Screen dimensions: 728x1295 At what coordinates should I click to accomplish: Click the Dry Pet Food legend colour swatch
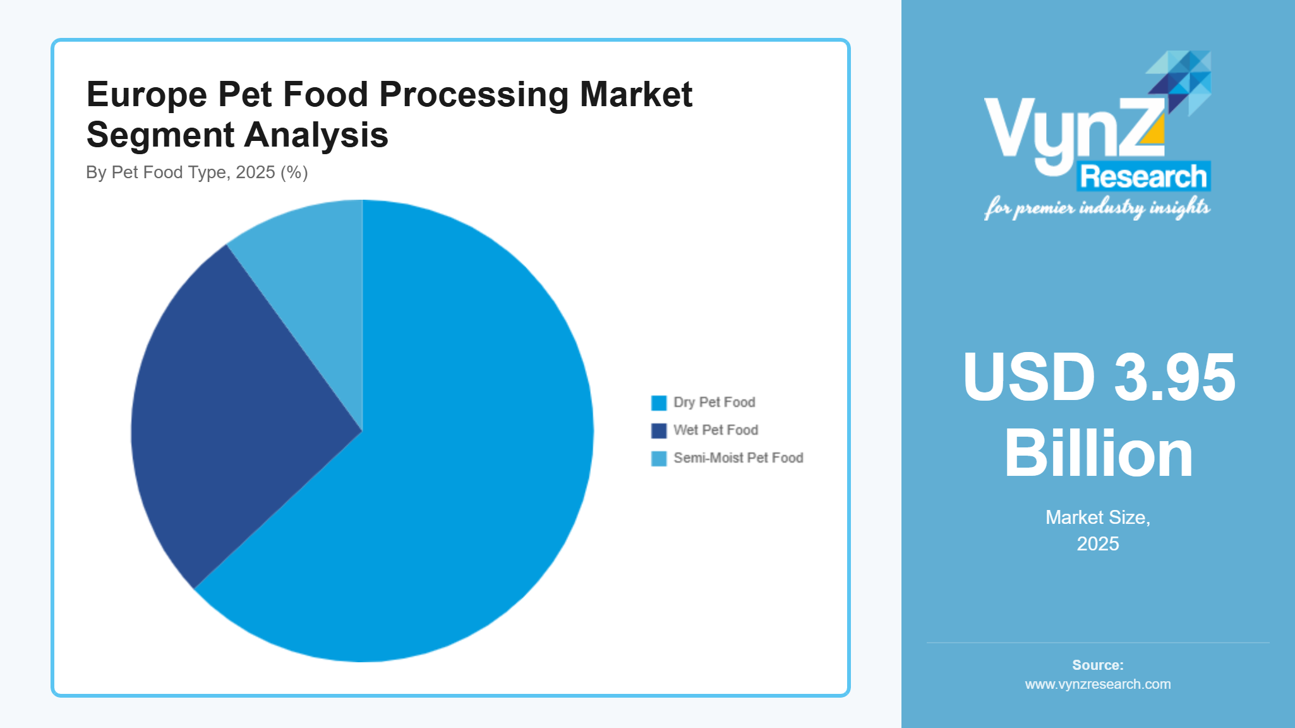658,403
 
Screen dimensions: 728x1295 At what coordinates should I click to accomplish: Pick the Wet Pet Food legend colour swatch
658,430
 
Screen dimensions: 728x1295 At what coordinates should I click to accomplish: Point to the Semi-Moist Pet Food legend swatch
658,458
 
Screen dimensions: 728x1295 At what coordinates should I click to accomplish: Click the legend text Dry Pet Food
714,403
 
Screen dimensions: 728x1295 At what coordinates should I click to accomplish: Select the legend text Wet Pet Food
715,430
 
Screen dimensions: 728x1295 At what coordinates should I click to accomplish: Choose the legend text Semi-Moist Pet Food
738,458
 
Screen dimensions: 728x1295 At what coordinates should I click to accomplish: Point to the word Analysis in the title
316,135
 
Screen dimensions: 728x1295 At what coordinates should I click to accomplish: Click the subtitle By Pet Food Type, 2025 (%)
196,173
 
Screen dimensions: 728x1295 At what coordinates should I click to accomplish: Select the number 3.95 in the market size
1174,377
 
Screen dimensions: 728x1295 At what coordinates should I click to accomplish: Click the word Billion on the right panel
1098,454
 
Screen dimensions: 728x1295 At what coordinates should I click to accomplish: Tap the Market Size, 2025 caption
1098,530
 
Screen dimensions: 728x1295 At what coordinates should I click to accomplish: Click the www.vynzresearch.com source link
1098,684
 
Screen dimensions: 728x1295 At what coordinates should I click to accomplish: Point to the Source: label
1098,665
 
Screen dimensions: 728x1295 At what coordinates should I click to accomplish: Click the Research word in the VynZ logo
1143,176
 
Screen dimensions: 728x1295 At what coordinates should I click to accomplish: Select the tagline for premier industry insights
1097,207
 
